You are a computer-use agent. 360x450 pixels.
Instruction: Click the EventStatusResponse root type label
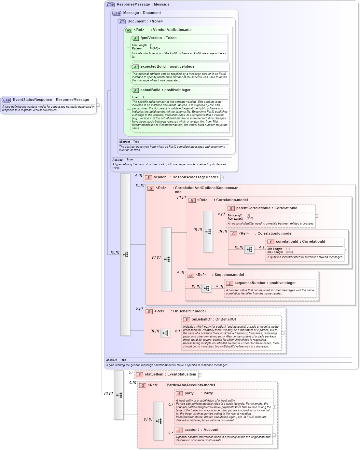(x=32, y=100)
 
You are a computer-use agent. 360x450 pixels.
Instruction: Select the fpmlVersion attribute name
(x=151, y=38)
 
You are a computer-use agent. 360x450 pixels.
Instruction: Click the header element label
(x=159, y=177)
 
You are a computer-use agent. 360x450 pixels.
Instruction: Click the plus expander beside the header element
(x=222, y=178)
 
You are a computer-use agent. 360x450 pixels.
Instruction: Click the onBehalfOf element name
(x=201, y=320)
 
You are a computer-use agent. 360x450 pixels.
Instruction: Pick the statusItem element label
(x=154, y=375)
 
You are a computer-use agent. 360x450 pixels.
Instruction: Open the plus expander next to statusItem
(x=200, y=375)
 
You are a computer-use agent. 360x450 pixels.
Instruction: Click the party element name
(x=189, y=393)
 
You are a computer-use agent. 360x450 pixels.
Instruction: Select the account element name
(x=192, y=430)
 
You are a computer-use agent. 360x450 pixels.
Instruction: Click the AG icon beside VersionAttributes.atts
(x=129, y=30)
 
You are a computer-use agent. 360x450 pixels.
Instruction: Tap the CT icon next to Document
(x=122, y=22)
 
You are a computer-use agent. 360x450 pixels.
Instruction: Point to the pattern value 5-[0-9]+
(x=155, y=48)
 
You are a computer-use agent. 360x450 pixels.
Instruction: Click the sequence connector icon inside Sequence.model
(x=206, y=288)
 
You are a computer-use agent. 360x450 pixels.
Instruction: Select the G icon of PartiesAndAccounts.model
(x=143, y=386)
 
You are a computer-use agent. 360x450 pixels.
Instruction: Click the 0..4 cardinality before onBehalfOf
(x=177, y=331)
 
